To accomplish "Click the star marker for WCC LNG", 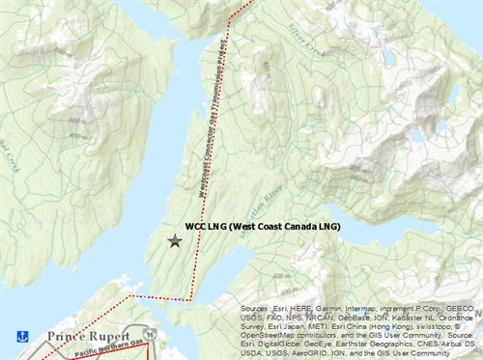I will pyautogui.click(x=175, y=240).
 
